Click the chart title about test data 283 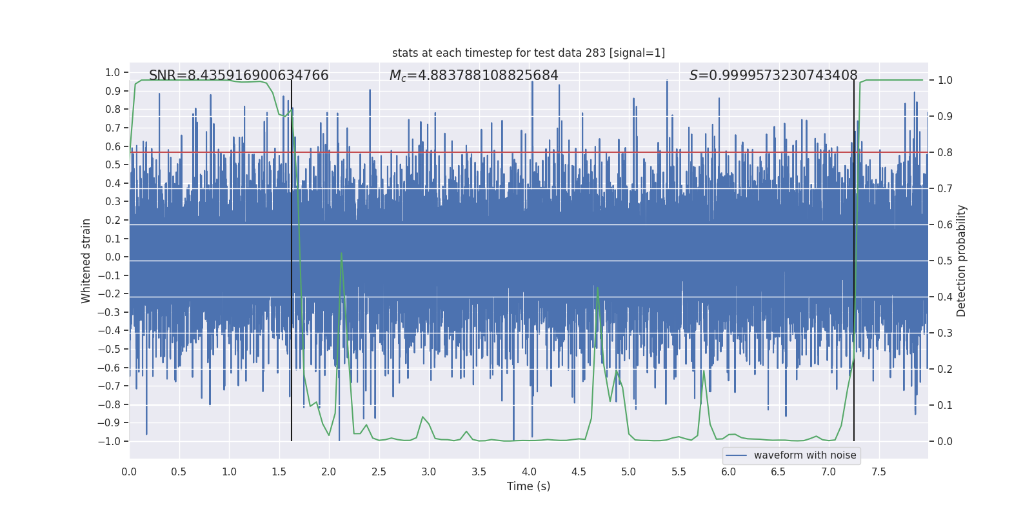tap(528, 53)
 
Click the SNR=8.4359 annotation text tap(239, 75)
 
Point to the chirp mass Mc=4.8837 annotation tap(473, 75)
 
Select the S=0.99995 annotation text tap(773, 75)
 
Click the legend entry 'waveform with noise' tap(804, 455)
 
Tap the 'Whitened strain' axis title tap(86, 261)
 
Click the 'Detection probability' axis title tap(962, 261)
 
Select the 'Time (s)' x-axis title tap(528, 486)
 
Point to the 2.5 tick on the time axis tap(379, 472)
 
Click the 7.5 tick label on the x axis tap(878, 472)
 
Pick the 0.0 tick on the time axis tap(129, 472)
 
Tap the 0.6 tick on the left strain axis tap(113, 146)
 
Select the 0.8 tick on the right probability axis tap(945, 153)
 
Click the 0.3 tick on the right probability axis tap(945, 333)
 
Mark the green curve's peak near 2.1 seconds tap(341, 253)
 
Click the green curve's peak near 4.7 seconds tap(598, 288)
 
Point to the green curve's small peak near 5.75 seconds tap(704, 371)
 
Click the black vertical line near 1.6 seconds tap(292, 258)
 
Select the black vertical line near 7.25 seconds tap(854, 258)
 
